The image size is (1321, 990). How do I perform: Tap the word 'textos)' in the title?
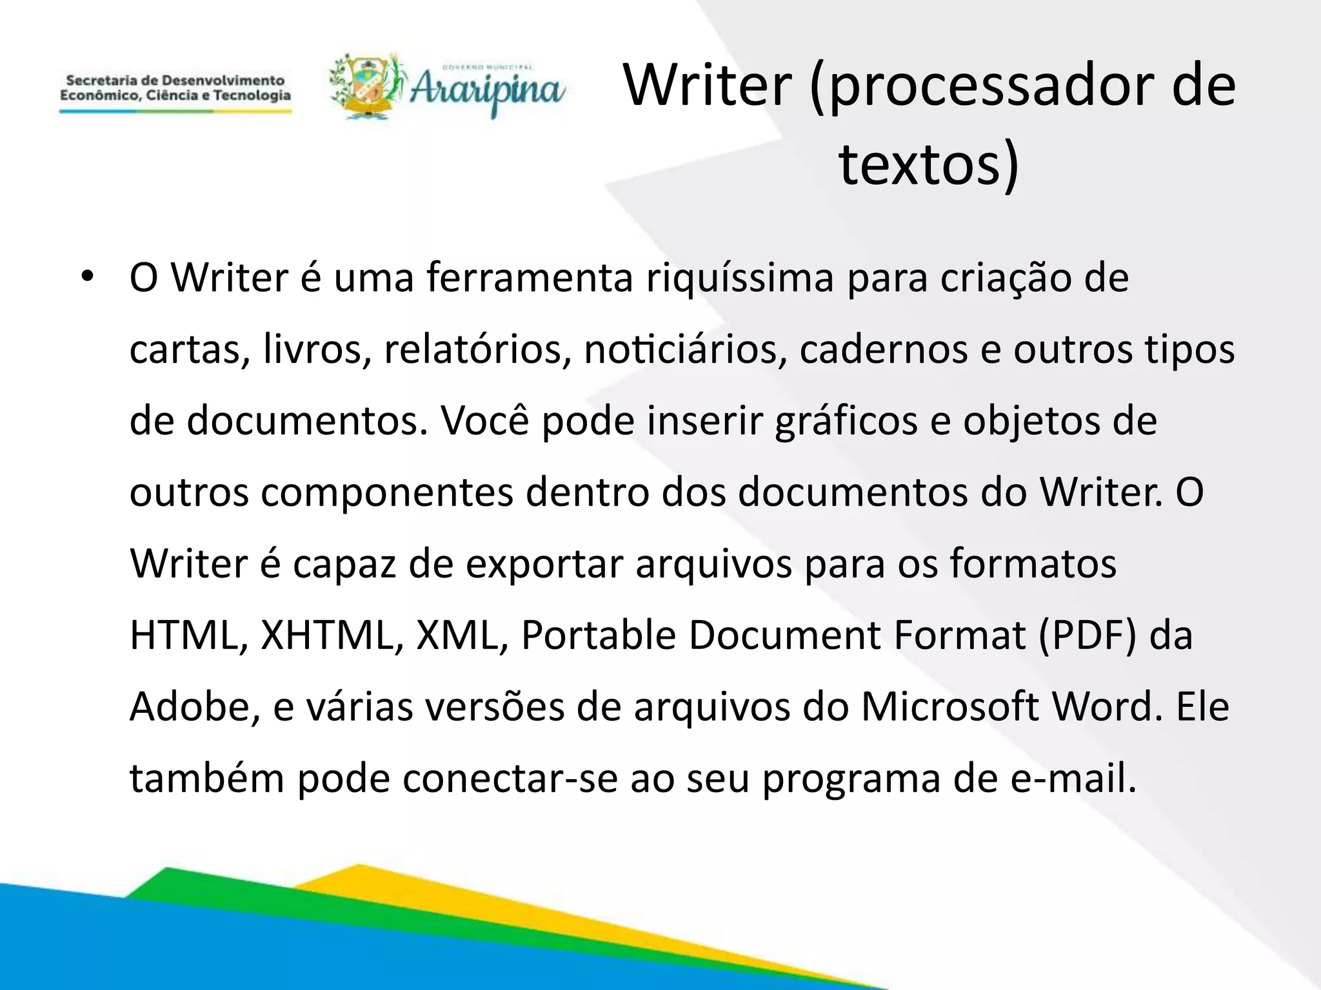(929, 164)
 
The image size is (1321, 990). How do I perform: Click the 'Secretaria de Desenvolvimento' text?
(175, 81)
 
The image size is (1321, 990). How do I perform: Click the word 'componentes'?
(386, 492)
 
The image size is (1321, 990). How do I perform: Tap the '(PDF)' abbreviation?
(1088, 636)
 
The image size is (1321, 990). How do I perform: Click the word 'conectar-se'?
(510, 779)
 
